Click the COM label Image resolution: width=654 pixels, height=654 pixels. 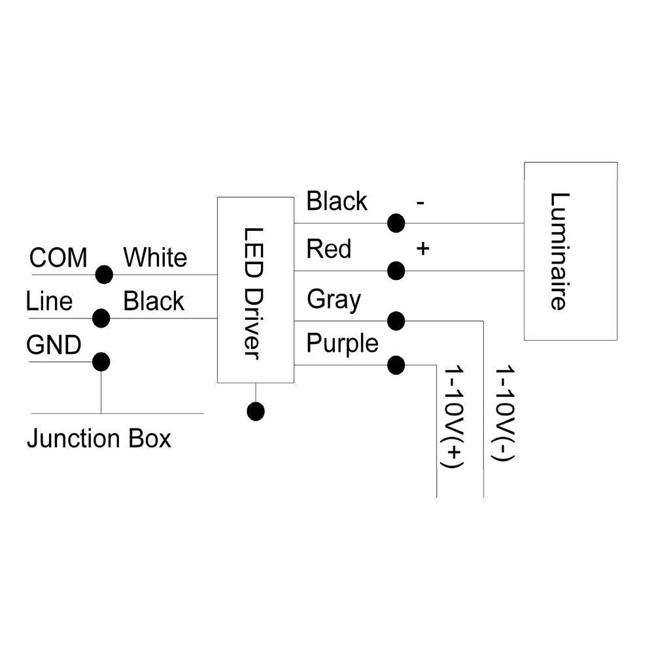point(58,258)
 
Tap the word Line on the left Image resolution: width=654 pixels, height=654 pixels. point(49,301)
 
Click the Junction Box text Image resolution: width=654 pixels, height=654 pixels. point(99,438)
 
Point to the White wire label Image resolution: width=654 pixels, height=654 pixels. point(155,258)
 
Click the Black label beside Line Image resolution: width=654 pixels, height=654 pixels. point(154,301)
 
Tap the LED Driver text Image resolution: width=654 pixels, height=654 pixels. point(252,292)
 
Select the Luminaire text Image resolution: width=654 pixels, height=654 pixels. point(559,251)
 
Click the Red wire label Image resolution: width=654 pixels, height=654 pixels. point(328,249)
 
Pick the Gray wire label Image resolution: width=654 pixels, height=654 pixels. point(334,300)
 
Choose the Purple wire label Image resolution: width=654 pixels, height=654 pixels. point(342,343)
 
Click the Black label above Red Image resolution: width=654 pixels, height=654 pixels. point(337,201)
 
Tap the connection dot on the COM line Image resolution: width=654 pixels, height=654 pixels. point(103,275)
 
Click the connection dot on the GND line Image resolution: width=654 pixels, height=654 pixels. point(101,362)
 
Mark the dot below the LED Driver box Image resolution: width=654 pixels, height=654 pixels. point(256,411)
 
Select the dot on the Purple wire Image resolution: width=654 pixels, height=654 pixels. point(396,365)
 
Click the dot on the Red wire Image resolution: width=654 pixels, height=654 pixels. point(396,270)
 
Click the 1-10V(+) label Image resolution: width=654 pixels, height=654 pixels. point(453,417)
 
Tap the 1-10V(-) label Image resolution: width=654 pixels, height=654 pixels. point(504,415)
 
